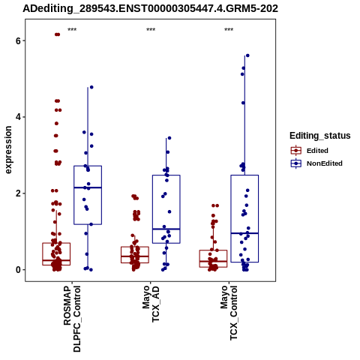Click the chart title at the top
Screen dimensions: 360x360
[150, 8]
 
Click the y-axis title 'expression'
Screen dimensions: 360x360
[8, 150]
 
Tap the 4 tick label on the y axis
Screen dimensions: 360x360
[18, 117]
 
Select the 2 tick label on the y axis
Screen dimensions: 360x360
[18, 193]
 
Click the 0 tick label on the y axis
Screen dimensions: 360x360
[18, 270]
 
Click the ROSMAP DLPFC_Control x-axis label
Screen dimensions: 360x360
[72, 319]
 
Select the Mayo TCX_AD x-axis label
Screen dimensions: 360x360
[151, 304]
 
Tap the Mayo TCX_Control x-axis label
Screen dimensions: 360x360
[229, 313]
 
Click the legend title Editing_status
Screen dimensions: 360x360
[320, 136]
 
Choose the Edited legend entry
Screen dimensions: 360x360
[310, 151]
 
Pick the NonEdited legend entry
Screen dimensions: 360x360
[316, 163]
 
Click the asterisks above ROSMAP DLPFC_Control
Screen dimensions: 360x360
[72, 30]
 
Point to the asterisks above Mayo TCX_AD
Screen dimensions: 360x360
[151, 30]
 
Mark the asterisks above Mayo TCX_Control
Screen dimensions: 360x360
[229, 30]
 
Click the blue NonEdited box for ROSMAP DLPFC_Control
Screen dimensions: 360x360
[88, 166]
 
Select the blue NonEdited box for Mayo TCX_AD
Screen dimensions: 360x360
[166, 175]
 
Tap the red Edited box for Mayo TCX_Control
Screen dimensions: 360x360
[213, 250]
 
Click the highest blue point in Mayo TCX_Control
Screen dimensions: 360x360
[247, 55]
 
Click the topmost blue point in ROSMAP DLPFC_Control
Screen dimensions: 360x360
[91, 87]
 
